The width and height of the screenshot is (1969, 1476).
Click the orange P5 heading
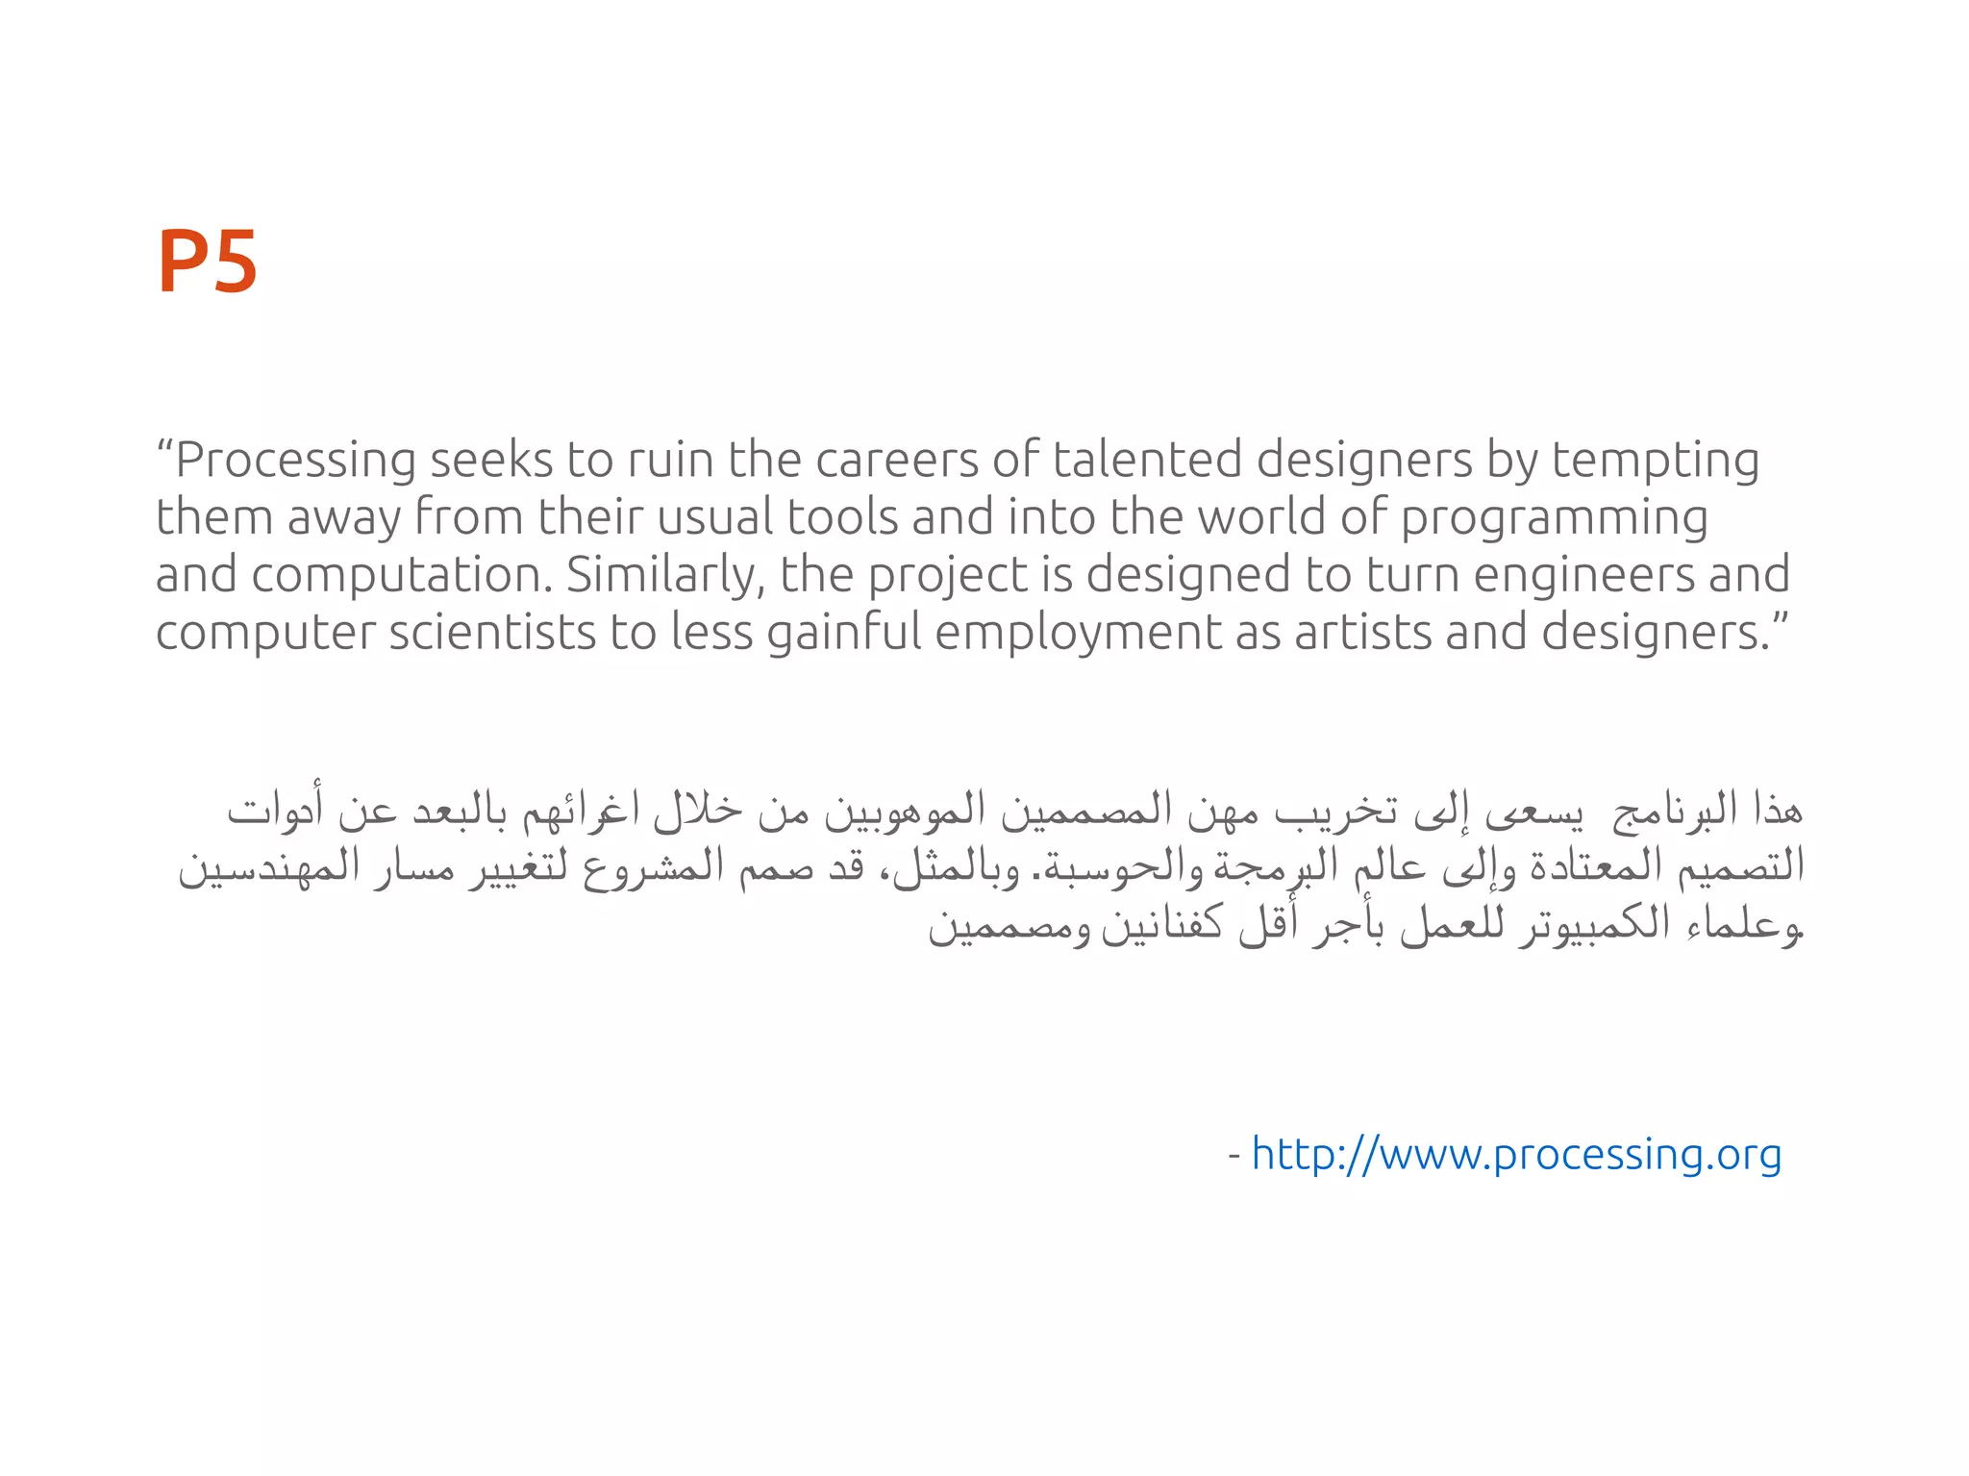[207, 262]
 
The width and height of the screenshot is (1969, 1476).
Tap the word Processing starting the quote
[294, 461]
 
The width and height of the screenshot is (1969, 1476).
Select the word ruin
[673, 460]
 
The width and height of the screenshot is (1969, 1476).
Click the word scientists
[491, 633]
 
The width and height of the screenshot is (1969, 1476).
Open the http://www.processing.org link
[1516, 1154]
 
